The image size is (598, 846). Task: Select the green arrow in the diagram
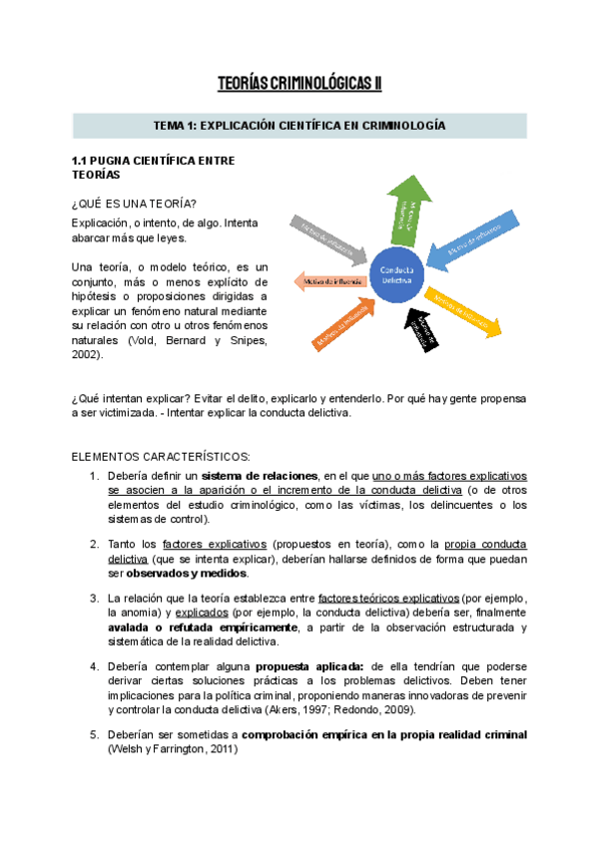click(410, 210)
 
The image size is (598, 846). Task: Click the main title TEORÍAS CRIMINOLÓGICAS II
click(299, 83)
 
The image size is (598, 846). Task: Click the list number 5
click(94, 735)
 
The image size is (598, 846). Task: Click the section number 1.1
click(81, 160)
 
